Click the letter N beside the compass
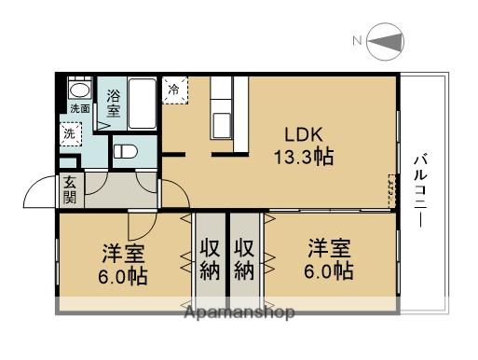point(356,41)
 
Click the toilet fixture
point(125,152)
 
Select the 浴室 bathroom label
point(113,102)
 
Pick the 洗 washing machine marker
point(71,133)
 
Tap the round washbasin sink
point(79,91)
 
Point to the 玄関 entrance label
point(71,190)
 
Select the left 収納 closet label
point(208,260)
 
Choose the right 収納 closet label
point(244,260)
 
